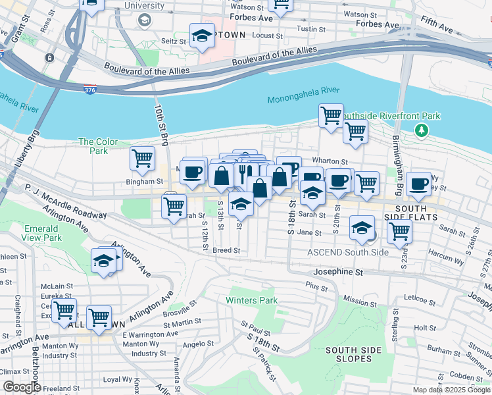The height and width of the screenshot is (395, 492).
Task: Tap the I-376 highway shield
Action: [x=89, y=89]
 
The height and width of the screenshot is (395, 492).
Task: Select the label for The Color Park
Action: [x=93, y=146]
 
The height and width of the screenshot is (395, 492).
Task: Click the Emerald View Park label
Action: [x=42, y=233]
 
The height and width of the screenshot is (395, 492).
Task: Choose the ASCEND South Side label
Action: [x=348, y=252]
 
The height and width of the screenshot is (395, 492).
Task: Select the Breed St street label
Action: [x=226, y=250]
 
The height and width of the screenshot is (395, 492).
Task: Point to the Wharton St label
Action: [x=330, y=161]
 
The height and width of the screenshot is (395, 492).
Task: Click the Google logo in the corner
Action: [x=21, y=387]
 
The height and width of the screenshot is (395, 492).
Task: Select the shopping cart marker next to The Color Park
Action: [x=142, y=158]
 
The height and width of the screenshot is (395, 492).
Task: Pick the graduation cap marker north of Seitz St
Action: [x=203, y=37]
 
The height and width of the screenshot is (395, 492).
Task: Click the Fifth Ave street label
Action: [x=437, y=28]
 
